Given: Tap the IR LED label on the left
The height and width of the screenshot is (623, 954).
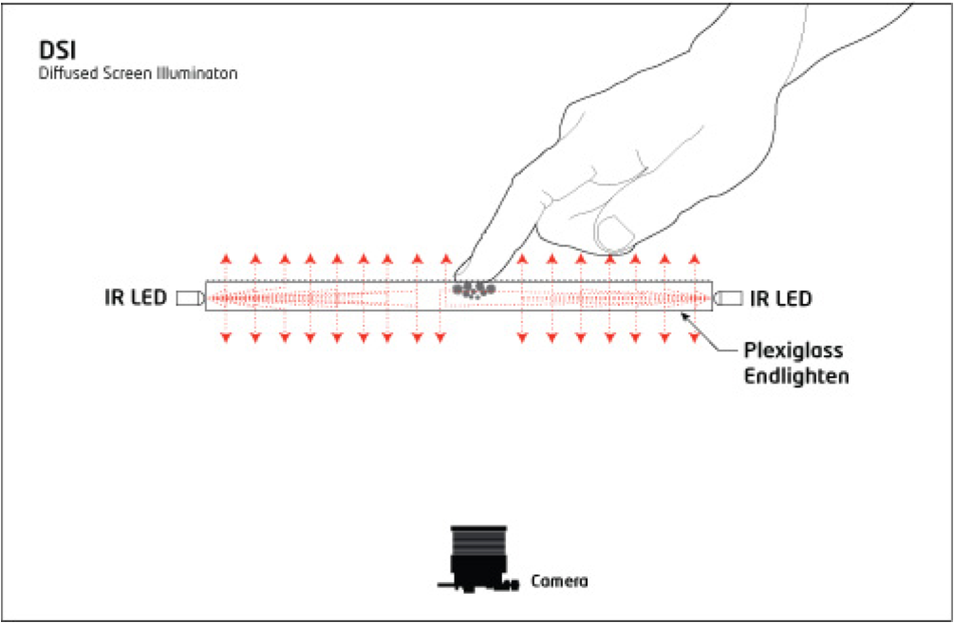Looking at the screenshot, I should (x=136, y=298).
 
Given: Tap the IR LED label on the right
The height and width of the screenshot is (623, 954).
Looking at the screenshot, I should (x=780, y=298).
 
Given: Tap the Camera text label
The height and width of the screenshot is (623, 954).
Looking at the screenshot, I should (x=559, y=580).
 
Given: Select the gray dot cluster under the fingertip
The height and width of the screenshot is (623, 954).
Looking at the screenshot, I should (x=473, y=289).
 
